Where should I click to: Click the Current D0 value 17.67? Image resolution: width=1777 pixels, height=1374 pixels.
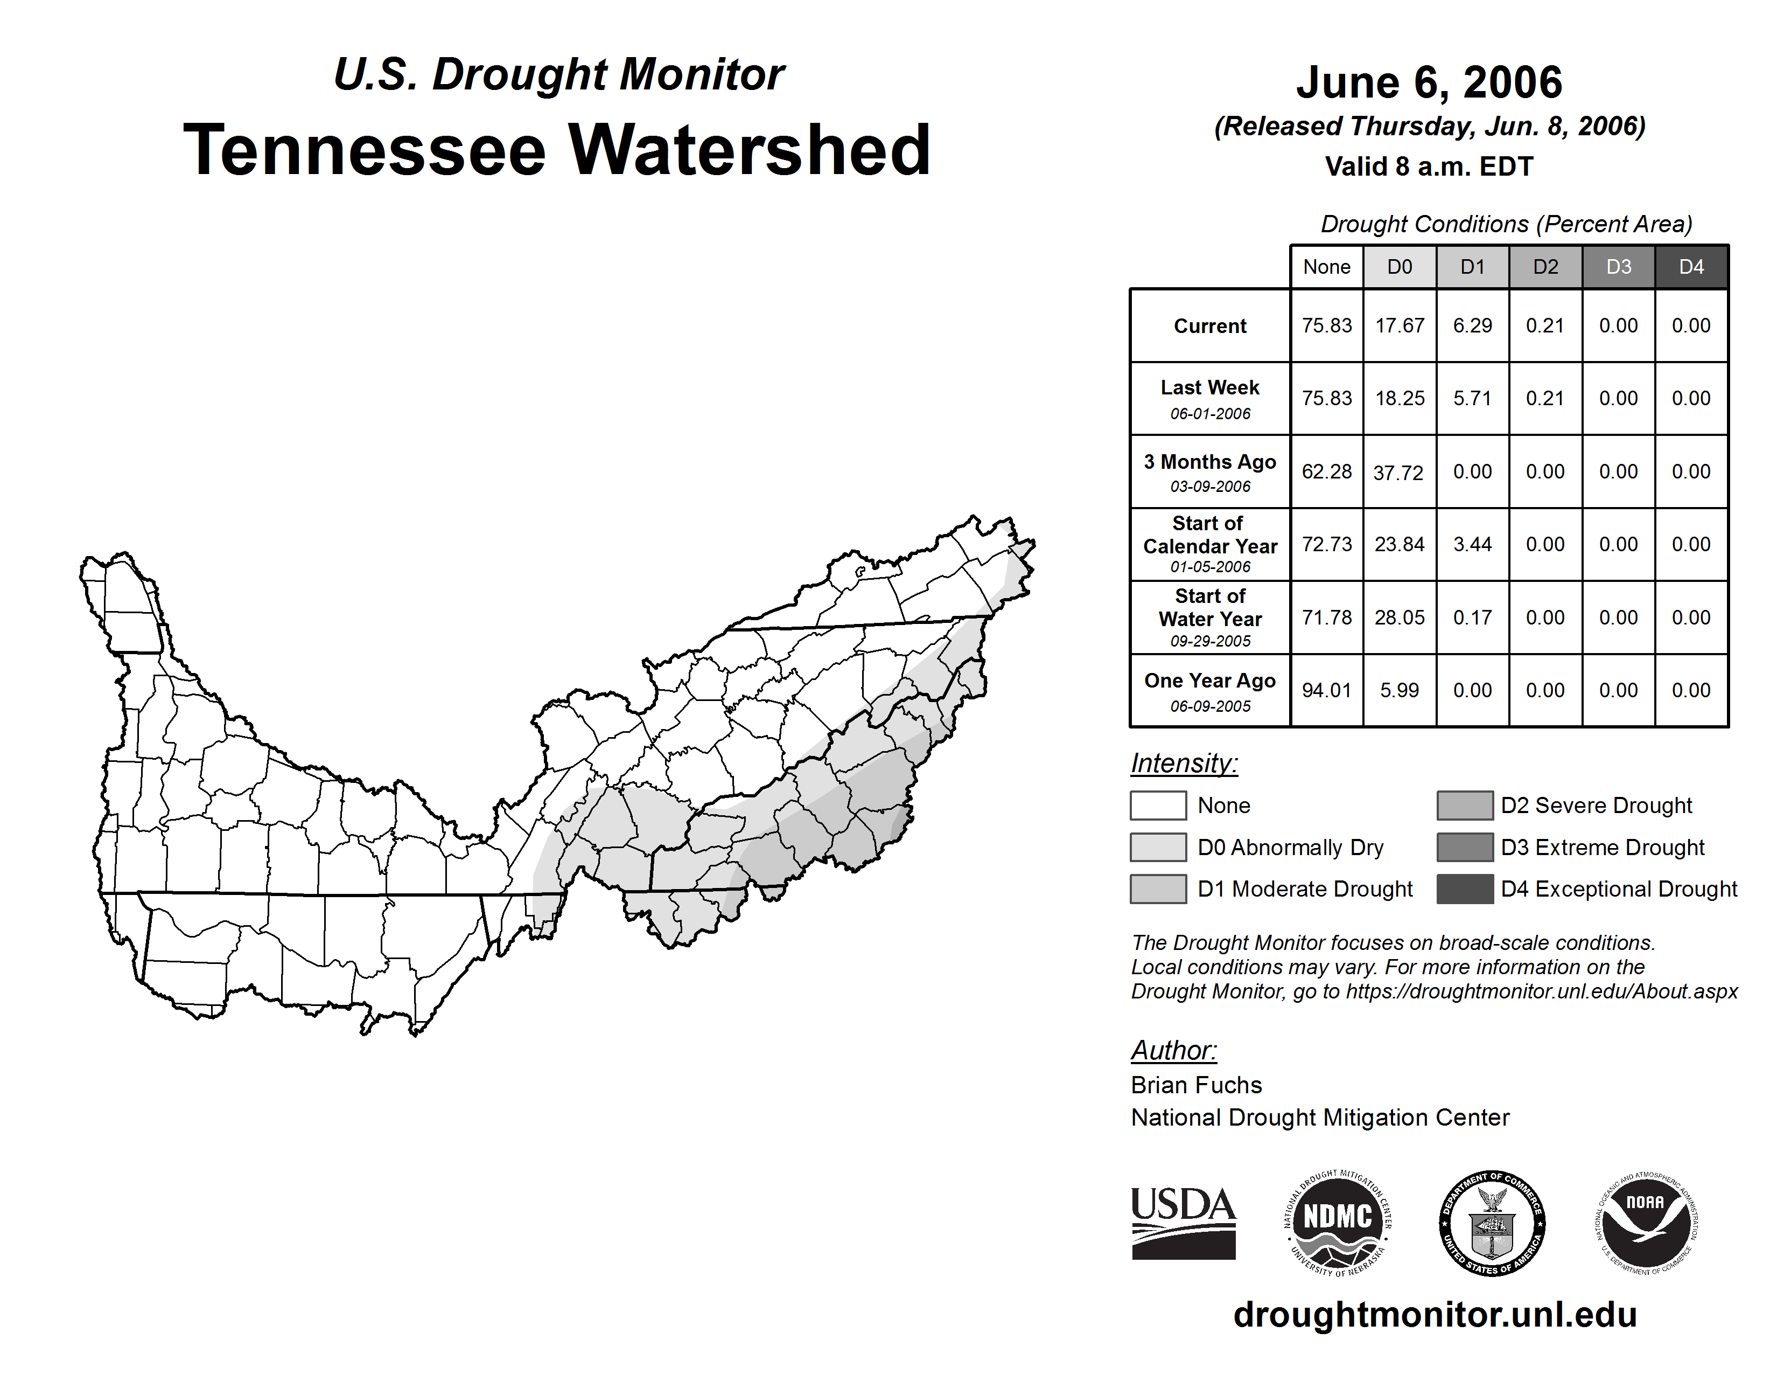[1400, 325]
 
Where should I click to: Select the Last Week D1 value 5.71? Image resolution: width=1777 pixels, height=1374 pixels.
[1472, 398]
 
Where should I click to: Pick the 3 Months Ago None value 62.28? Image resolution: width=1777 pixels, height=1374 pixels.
[1326, 471]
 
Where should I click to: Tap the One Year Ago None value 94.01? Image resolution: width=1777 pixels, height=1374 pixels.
[1326, 690]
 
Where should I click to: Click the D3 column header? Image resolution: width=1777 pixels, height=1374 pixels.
[1618, 267]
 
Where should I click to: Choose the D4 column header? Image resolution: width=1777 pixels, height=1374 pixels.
[1691, 267]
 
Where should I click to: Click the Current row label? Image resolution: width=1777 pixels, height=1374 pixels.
[1210, 325]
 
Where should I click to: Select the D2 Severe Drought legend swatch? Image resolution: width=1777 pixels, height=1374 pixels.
[1465, 805]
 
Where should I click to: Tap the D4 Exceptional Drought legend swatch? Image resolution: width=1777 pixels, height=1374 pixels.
[1465, 889]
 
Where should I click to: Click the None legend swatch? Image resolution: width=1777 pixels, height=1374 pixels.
[1158, 805]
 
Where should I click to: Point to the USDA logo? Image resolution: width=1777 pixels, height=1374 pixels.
[1183, 1223]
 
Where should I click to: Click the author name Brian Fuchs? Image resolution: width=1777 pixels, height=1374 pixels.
[1196, 1085]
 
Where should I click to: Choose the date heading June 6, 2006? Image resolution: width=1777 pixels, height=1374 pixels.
[1429, 82]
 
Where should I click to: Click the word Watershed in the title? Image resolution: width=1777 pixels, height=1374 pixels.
[748, 150]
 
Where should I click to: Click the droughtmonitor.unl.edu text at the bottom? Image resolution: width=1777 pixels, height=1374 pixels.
[1435, 1315]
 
